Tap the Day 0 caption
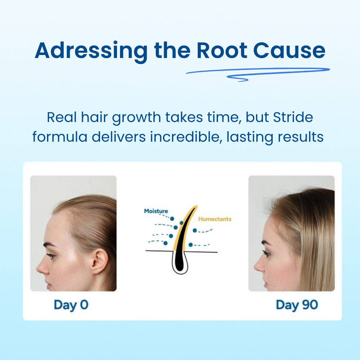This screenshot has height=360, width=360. pos(71,305)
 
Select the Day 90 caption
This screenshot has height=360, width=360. pos(297,305)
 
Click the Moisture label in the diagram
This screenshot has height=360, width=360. pos(156,211)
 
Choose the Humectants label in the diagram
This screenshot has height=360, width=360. pos(215,219)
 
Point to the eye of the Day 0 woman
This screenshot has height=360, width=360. pos(51,256)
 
